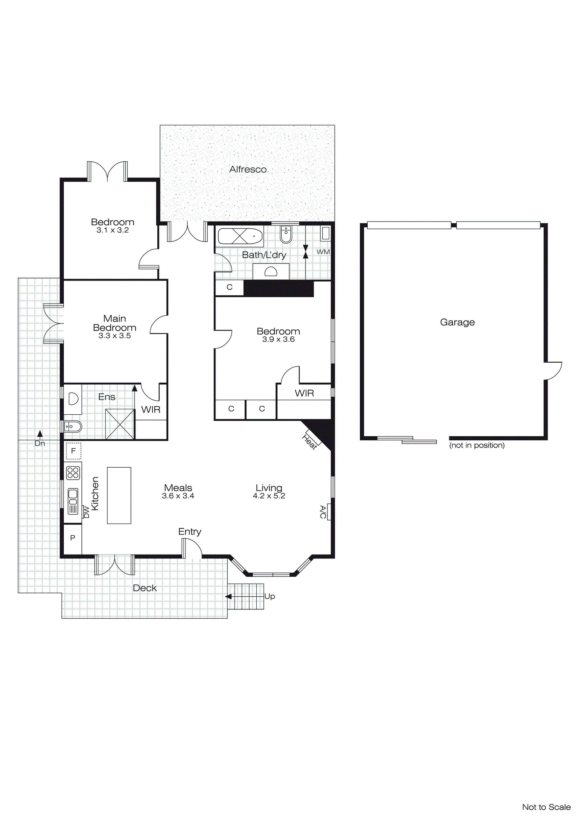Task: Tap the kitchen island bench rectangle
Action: (x=119, y=495)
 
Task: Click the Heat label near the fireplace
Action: (x=309, y=442)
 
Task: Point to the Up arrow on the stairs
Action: (x=228, y=596)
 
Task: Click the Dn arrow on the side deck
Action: (x=40, y=434)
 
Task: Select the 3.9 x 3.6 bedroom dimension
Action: (x=278, y=339)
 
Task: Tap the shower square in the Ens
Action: (x=120, y=424)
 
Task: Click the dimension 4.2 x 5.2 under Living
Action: (x=269, y=496)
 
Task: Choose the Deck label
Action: (x=145, y=588)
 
